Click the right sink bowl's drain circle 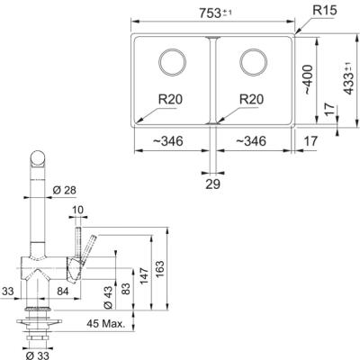coord(253,62)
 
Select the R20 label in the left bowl coord(170,102)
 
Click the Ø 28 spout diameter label coord(64,189)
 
